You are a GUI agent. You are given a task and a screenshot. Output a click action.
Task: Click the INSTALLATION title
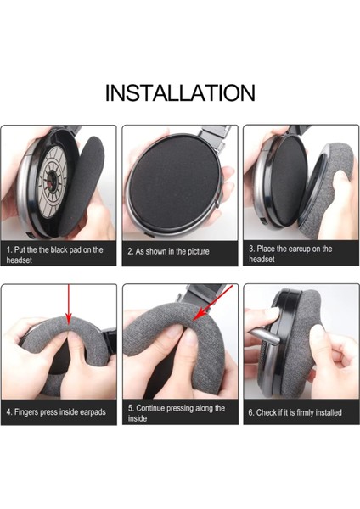(180, 92)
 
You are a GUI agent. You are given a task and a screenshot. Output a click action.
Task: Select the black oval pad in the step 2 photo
(171, 182)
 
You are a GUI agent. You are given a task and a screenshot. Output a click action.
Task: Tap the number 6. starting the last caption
(251, 412)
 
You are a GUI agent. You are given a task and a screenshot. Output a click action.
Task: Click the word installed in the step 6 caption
(328, 412)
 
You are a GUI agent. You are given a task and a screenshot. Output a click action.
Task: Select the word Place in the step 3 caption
(266, 249)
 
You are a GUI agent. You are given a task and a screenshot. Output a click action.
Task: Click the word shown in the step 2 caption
(155, 252)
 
